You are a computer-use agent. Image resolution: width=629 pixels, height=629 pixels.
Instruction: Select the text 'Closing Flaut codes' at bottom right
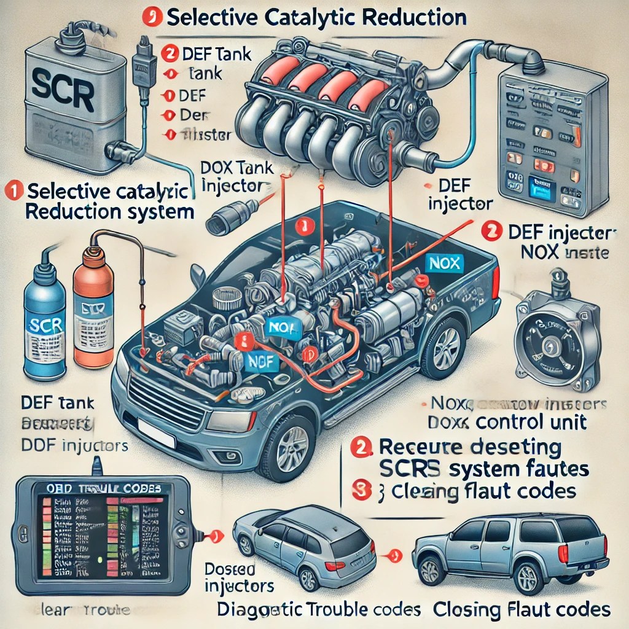point(522,609)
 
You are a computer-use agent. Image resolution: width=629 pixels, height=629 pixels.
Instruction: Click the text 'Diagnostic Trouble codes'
point(319,609)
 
